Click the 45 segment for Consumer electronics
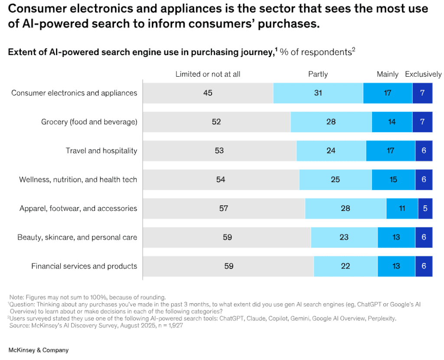208,93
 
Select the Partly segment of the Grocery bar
331,122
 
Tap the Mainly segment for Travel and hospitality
390,151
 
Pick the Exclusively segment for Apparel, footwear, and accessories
425,208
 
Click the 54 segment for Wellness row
221,179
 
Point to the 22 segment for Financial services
345,266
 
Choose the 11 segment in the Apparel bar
402,208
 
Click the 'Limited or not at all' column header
208,74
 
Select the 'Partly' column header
318,74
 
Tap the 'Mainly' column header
388,74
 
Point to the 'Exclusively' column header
423,74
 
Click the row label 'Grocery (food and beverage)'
89,122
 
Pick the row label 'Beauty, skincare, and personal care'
77,237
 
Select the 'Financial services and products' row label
84,266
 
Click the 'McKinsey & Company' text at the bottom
39,350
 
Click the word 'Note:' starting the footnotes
17,297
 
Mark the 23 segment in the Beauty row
344,237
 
